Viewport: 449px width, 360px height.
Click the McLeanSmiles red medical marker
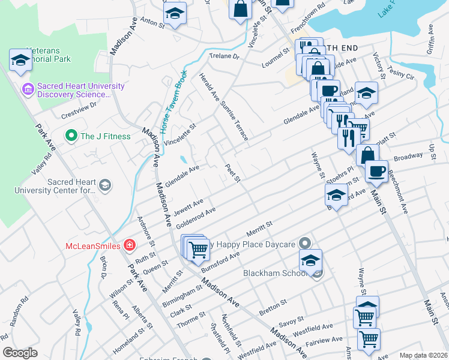pos(128,245)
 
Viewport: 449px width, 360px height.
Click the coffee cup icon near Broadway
pos(376,171)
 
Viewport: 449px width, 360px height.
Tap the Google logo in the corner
pos(20,353)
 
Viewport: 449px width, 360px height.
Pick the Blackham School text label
pos(274,273)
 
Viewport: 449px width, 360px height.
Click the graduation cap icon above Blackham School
pos(310,260)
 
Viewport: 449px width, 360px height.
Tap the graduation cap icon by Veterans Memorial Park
pos(20,59)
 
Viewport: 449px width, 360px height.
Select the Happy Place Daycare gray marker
pos(304,244)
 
